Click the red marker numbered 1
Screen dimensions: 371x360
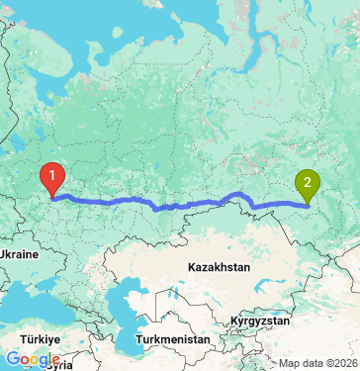coord(51,177)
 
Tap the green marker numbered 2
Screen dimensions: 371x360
coord(308,183)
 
